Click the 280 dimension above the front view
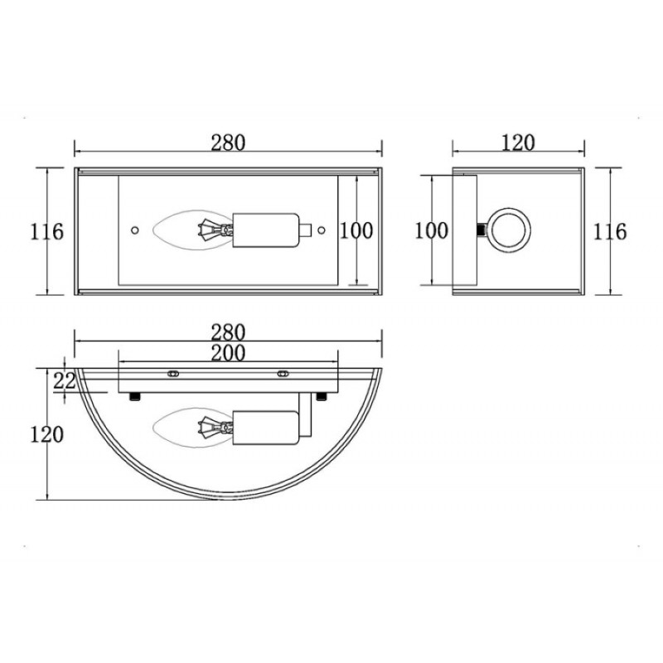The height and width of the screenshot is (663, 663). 228,143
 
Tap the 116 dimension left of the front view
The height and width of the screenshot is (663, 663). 46,232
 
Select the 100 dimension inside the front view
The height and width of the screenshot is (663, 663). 356,231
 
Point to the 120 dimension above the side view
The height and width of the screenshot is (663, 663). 518,143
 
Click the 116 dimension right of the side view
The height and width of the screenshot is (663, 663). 610,232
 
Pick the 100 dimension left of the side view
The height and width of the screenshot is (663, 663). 431,231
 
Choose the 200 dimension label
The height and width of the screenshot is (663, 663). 228,354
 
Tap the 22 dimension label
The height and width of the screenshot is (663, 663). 65,381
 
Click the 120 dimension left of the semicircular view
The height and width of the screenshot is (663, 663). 46,434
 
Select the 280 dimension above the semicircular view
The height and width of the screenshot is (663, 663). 228,333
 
